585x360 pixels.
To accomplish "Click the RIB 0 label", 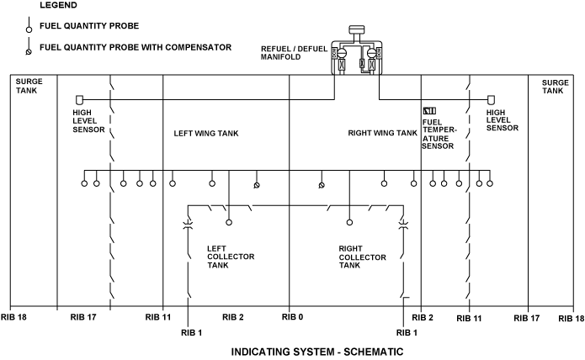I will pos(292,317).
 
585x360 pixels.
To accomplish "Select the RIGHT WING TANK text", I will pos(382,133).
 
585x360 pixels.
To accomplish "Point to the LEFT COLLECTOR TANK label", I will pos(231,257).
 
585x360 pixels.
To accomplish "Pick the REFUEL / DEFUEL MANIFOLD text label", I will pos(294,53).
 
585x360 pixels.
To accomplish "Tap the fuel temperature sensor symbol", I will pos(428,110).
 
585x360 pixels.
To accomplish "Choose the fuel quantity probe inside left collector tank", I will pos(229,223).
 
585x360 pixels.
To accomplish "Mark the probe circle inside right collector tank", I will pos(349,223).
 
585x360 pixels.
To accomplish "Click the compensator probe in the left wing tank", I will pos(257,185).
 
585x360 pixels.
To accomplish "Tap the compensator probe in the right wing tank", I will pos(321,185).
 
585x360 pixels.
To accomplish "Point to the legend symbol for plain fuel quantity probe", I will pos(29,28).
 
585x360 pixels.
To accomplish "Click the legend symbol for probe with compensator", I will pos(29,51).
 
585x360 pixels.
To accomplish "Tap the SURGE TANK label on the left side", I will pos(29,86).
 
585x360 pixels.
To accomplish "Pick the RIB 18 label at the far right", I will pos(570,318).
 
